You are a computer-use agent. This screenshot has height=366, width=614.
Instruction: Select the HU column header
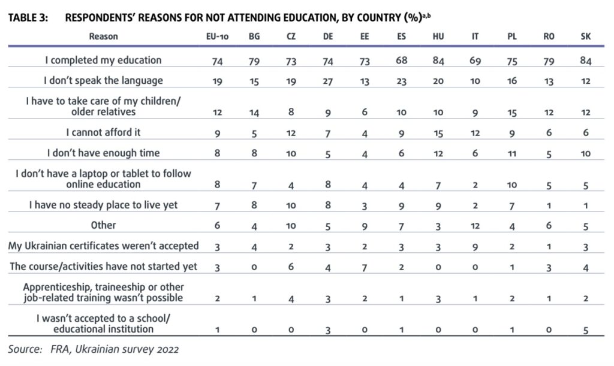[x=438, y=37]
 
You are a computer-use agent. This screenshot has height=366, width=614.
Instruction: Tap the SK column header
[x=586, y=37]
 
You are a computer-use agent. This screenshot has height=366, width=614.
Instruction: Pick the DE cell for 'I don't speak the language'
[x=328, y=81]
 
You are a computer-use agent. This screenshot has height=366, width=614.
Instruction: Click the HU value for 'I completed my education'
[x=438, y=61]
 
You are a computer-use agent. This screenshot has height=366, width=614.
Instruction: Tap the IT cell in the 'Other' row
[x=475, y=226]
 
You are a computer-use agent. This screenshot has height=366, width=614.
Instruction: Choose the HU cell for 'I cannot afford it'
[x=438, y=134]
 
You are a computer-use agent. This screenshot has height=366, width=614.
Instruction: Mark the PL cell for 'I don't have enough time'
[x=512, y=154]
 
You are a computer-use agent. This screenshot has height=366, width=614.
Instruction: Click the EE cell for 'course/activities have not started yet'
[x=365, y=267]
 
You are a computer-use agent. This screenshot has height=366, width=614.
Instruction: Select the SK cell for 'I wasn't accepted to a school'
[x=586, y=329]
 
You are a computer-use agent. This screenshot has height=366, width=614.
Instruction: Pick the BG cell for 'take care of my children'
[x=254, y=113]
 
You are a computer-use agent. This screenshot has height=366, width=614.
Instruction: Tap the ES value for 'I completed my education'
[x=401, y=61]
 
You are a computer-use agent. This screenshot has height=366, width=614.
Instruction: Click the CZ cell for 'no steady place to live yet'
[x=291, y=206]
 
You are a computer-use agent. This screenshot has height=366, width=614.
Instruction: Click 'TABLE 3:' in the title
[x=28, y=17]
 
